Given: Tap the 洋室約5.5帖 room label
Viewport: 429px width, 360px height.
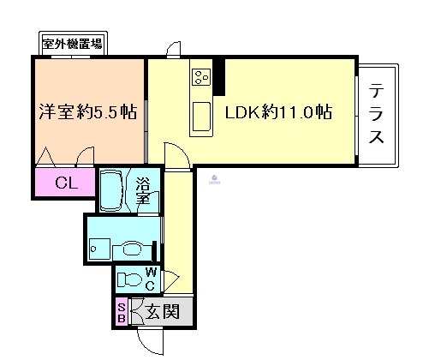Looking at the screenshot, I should (88, 112).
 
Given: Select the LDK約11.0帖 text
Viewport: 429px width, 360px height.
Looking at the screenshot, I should (278, 112).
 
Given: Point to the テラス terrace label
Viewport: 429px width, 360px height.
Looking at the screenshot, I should (377, 113).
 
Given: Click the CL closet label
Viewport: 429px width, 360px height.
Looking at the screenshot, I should (65, 182).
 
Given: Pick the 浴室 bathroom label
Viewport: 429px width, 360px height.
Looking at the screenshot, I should (144, 189).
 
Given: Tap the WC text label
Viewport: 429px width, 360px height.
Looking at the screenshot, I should (149, 279).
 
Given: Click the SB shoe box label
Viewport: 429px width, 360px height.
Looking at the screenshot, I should (122, 312).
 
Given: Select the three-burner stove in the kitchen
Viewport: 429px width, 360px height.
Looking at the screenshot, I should (202, 78).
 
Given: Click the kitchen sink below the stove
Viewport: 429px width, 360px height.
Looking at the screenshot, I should (203, 115).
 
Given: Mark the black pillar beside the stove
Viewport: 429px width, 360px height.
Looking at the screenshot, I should (219, 76).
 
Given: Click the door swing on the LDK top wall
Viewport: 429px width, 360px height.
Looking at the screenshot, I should (174, 50).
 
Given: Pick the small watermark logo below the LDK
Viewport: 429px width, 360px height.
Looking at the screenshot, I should (213, 178).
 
